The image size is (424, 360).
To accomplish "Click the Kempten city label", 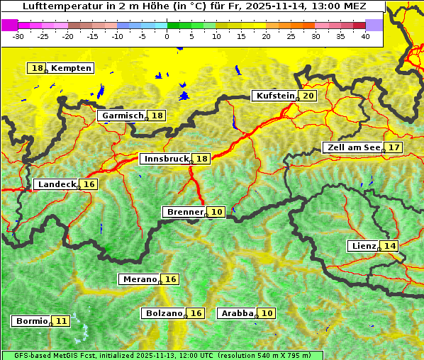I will [71, 68].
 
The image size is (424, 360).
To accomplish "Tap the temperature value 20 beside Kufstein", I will [308, 96].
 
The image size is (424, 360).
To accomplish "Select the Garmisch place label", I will [123, 116].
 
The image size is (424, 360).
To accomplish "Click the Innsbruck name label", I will [166, 159].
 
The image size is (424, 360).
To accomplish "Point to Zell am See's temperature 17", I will [394, 147].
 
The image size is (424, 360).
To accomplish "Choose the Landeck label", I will [57, 184].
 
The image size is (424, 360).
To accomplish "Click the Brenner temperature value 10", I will [217, 212].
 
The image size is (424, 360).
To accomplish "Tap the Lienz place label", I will [364, 246].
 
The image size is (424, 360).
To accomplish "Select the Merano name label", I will [139, 279].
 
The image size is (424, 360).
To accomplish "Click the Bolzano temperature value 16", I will [196, 313].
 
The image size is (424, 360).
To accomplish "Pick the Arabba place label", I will [238, 313].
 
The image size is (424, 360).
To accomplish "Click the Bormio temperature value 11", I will [62, 321].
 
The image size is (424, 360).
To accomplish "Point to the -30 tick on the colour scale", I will [18, 35].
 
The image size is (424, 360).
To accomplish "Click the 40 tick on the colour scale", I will [365, 35].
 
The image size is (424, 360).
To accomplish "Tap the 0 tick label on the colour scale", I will [167, 35].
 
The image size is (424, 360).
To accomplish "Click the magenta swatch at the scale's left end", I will [9, 25].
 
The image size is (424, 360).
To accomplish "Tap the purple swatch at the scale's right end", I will [374, 25].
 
